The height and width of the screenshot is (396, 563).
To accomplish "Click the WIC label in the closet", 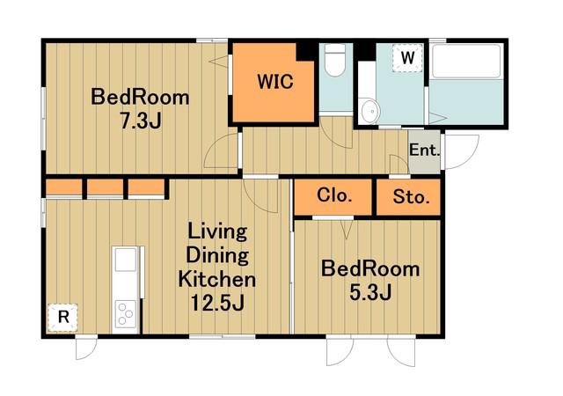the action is pos(275,82).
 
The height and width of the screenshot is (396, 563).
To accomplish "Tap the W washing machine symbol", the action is pos(406,57).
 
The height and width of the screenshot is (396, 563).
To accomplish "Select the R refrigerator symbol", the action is pos(62,318).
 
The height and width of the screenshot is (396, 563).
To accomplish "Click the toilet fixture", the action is pos(334,60).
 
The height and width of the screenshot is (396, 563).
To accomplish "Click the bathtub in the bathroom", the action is pos(466,61).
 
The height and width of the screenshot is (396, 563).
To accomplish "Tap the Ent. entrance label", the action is pos(424,150).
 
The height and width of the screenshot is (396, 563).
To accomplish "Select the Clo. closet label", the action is pos(333,196).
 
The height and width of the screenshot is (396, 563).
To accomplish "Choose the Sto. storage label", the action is pos(411,197).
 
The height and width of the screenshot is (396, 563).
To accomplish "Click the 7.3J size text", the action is pos(141,121).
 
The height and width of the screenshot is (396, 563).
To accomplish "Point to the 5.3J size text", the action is pos(370,292).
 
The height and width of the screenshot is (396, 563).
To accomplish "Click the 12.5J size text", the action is pos(217,303).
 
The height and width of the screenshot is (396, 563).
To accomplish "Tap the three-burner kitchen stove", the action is pos(125,313).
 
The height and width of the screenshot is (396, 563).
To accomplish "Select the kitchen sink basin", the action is pos(125,260).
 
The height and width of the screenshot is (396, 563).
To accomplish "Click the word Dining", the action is pos(217,255).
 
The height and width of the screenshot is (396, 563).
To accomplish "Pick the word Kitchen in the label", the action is pos(217,279).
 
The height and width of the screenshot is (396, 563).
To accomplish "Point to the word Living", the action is pos(217,231).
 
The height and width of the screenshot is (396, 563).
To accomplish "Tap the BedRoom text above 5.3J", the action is pos(370,269).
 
